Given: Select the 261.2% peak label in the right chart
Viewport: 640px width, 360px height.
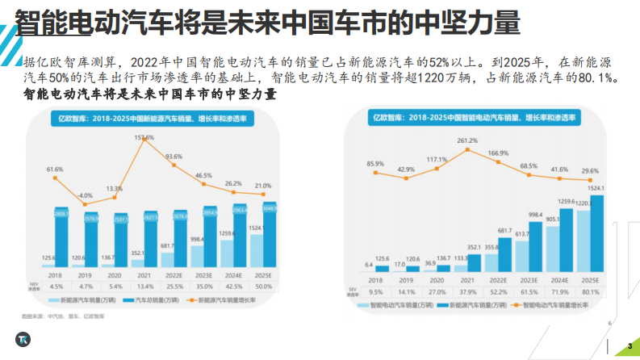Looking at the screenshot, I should coord(467,140).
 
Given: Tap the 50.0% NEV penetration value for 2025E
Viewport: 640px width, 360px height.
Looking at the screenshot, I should coord(263,286).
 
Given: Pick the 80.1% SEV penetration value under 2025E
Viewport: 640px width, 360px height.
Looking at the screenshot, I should coord(590,291).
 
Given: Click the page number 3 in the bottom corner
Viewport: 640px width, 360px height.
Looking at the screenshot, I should coord(629,347).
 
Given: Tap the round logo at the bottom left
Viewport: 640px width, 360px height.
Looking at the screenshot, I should coord(21,339).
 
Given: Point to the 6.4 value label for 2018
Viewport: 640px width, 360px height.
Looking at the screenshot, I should coord(369,264).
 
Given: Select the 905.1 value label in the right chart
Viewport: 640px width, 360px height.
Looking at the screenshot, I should coord(553,218).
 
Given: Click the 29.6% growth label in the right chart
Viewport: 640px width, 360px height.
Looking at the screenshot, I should coord(590,171).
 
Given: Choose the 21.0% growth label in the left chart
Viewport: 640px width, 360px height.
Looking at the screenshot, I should coord(263,186).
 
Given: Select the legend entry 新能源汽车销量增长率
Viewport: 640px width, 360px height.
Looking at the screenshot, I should coord(228,299).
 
